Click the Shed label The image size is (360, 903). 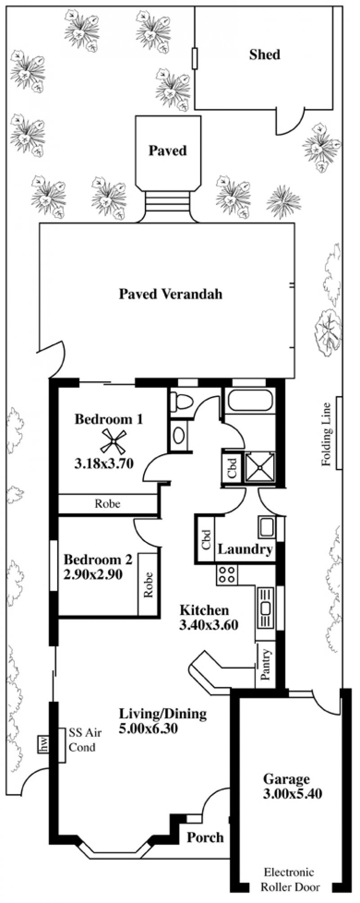(265, 55)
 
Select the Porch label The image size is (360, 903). (205, 825)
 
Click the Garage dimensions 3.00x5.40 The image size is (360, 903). (292, 793)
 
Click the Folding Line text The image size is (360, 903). (326, 433)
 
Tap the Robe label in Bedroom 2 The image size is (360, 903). (148, 584)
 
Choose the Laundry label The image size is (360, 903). (245, 549)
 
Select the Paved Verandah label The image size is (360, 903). (171, 294)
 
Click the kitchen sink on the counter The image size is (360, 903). (264, 607)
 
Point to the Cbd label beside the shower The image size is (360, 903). (232, 468)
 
